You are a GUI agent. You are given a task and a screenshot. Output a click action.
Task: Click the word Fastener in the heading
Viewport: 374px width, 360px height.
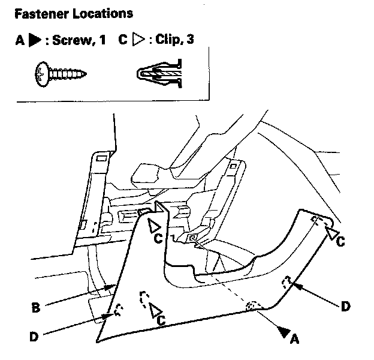[38, 12]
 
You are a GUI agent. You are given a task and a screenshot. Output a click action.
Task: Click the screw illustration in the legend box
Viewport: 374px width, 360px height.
[61, 76]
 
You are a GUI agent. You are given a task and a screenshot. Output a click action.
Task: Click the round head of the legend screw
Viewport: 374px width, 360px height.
[41, 76]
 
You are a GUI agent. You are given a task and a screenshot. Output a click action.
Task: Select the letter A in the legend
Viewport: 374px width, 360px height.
[20, 41]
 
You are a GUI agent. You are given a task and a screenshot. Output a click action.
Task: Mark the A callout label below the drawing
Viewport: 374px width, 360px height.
[294, 340]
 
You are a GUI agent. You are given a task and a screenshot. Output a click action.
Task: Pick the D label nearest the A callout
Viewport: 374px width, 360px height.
[345, 307]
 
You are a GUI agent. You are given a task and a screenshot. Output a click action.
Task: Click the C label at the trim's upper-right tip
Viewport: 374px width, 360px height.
[340, 242]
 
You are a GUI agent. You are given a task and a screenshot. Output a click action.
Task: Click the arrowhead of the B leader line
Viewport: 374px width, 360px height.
[111, 287]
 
